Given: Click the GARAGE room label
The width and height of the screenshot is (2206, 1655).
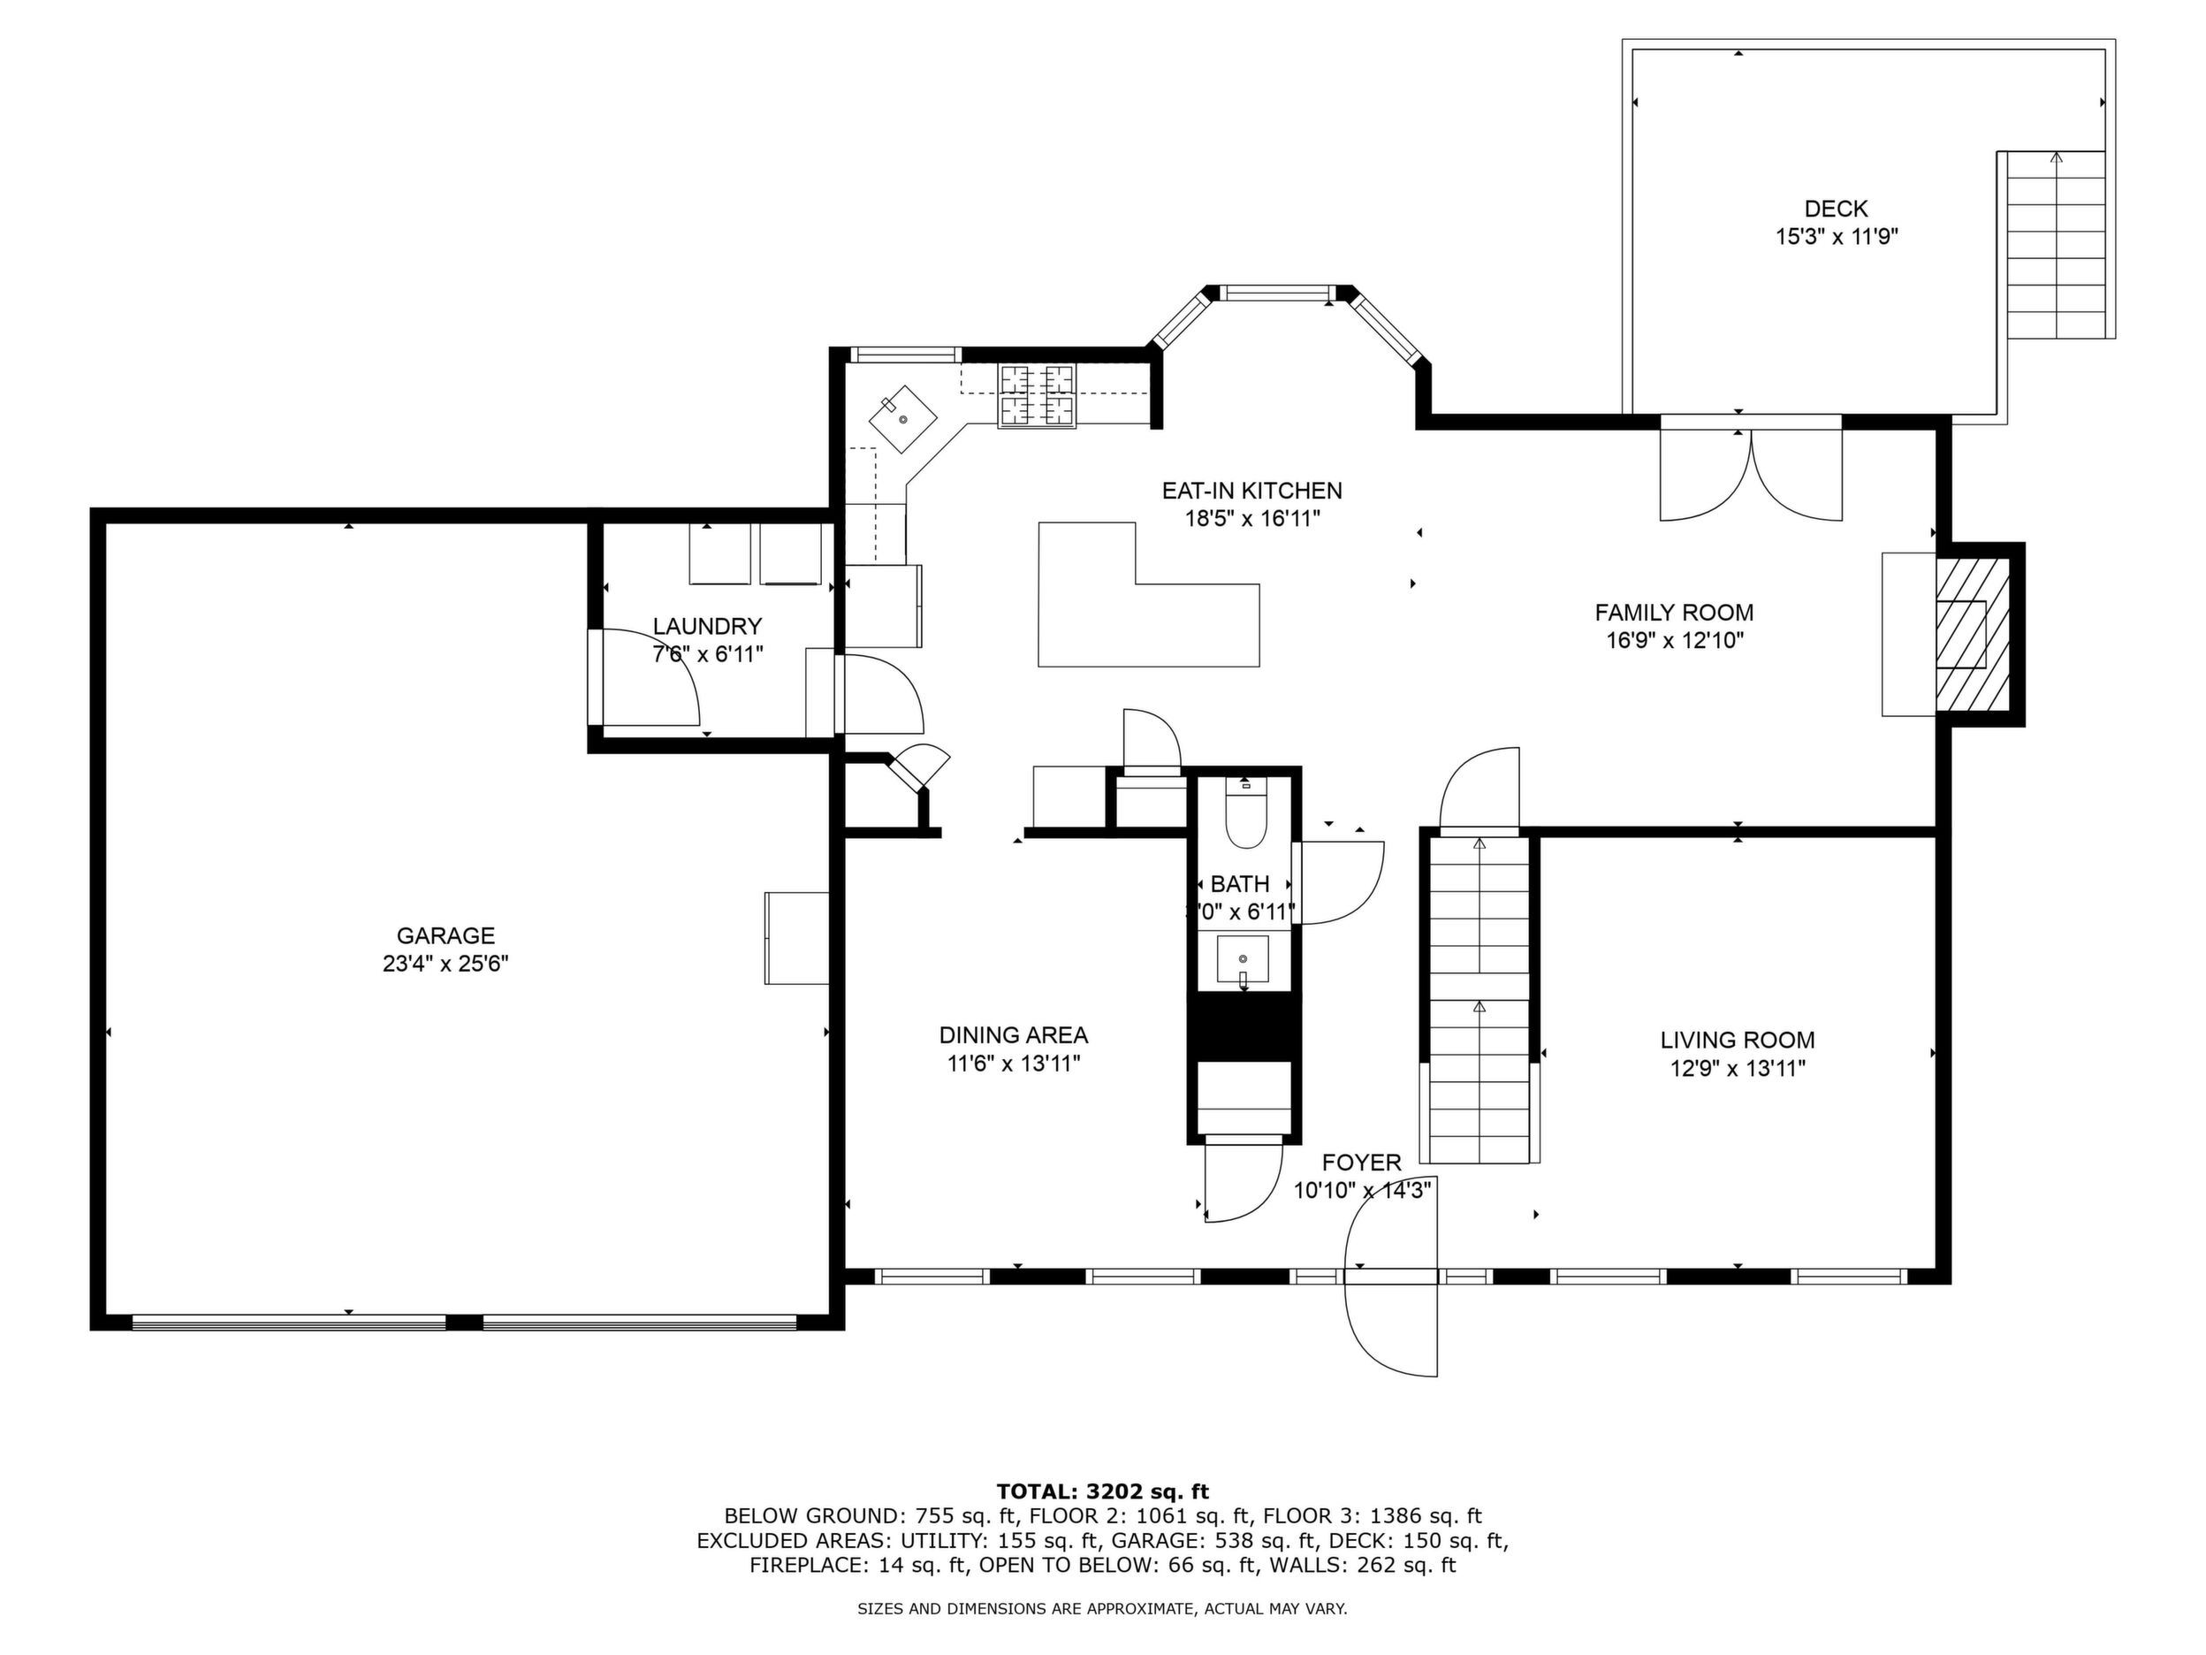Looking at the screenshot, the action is (x=445, y=935).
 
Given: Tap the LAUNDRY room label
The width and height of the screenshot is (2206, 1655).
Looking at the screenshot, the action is (x=707, y=627).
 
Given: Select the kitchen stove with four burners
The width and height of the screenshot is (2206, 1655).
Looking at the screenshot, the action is (x=1038, y=395).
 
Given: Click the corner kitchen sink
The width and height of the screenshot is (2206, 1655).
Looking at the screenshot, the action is (x=902, y=420).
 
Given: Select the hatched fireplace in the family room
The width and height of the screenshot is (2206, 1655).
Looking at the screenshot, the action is (x=1972, y=635).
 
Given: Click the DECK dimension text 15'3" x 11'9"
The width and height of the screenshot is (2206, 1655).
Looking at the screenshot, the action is (x=1836, y=238).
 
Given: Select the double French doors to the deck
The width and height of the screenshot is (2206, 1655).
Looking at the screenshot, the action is (x=1750, y=469).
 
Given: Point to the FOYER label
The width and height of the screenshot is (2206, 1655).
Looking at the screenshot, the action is (x=1361, y=1163).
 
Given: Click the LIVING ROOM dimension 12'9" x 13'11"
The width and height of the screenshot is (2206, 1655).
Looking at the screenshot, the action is (x=1738, y=1070).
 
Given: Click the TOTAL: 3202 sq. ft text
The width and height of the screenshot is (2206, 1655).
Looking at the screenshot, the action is (x=1102, y=1491).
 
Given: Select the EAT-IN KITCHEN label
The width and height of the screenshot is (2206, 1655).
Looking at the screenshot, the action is (x=1251, y=491).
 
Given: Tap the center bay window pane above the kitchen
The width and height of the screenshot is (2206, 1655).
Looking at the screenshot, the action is (x=1276, y=293).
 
